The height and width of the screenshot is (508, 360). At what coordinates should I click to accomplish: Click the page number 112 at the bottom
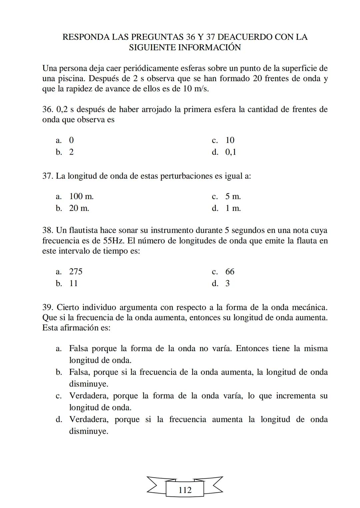[x=185, y=490]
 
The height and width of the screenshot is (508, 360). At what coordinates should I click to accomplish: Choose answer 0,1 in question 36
[x=231, y=152]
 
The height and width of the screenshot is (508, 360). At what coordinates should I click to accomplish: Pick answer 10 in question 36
[x=230, y=140]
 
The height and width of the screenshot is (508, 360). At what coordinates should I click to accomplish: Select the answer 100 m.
[x=81, y=197]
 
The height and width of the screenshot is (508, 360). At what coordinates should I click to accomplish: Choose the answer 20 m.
[x=79, y=209]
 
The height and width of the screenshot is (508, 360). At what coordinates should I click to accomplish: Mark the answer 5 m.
[x=233, y=197]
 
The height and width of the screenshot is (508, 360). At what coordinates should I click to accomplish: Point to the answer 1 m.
[x=233, y=209]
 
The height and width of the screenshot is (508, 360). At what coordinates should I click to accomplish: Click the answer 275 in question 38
[x=76, y=271]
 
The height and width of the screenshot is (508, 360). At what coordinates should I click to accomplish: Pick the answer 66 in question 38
[x=230, y=271]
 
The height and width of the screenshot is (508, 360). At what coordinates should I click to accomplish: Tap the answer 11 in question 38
[x=73, y=283]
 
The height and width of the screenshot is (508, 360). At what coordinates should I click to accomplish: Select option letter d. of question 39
[x=59, y=419]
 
